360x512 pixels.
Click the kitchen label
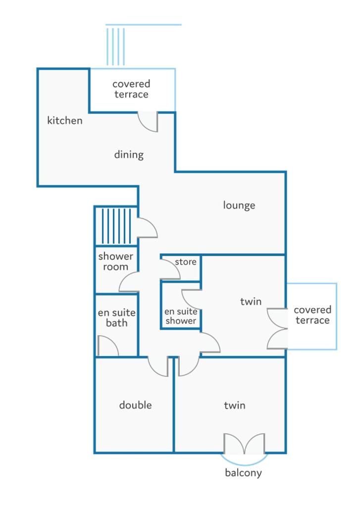click(65, 120)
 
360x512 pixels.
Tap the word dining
click(129, 155)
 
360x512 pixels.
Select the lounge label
click(239, 205)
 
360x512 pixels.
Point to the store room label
click(186, 262)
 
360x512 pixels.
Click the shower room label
click(116, 261)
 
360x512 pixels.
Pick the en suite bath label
click(117, 318)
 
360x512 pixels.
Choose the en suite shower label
click(181, 316)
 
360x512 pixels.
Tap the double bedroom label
click(135, 405)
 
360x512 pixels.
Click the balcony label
click(243, 473)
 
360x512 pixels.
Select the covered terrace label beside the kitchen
click(131, 89)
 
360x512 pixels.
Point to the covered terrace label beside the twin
click(312, 315)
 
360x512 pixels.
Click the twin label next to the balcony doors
click(235, 406)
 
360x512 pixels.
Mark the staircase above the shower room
click(116, 226)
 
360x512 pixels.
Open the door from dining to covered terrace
click(148, 122)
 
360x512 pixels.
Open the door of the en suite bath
click(108, 346)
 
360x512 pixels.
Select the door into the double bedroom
click(158, 366)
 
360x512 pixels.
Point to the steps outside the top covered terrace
click(116, 47)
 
